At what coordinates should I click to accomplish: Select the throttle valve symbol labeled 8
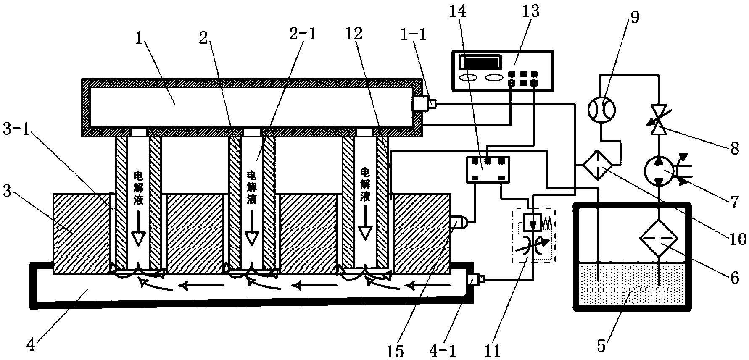click(x=659, y=119)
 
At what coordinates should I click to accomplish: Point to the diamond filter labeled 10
click(x=597, y=166)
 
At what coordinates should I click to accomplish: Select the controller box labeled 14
click(x=488, y=169)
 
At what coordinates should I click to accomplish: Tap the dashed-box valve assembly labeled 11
click(x=533, y=236)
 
